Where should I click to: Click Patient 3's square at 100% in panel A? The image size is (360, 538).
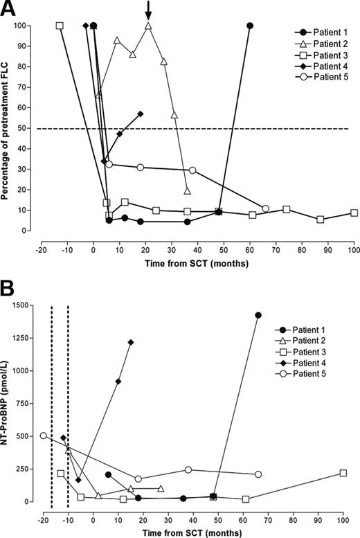click(x=60, y=26)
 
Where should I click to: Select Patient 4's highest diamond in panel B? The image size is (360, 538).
click(x=131, y=342)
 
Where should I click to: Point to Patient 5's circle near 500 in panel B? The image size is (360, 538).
click(x=44, y=436)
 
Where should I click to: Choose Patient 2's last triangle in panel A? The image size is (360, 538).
click(x=188, y=191)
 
